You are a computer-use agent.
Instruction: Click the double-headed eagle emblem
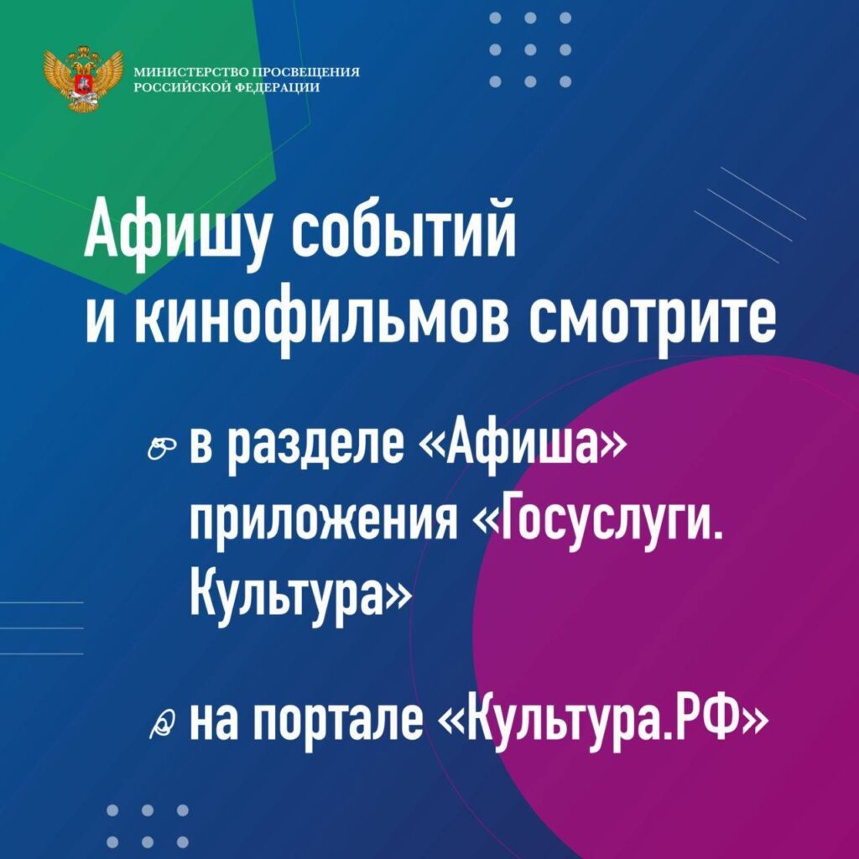tap(83, 78)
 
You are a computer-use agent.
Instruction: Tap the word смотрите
tap(652, 323)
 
